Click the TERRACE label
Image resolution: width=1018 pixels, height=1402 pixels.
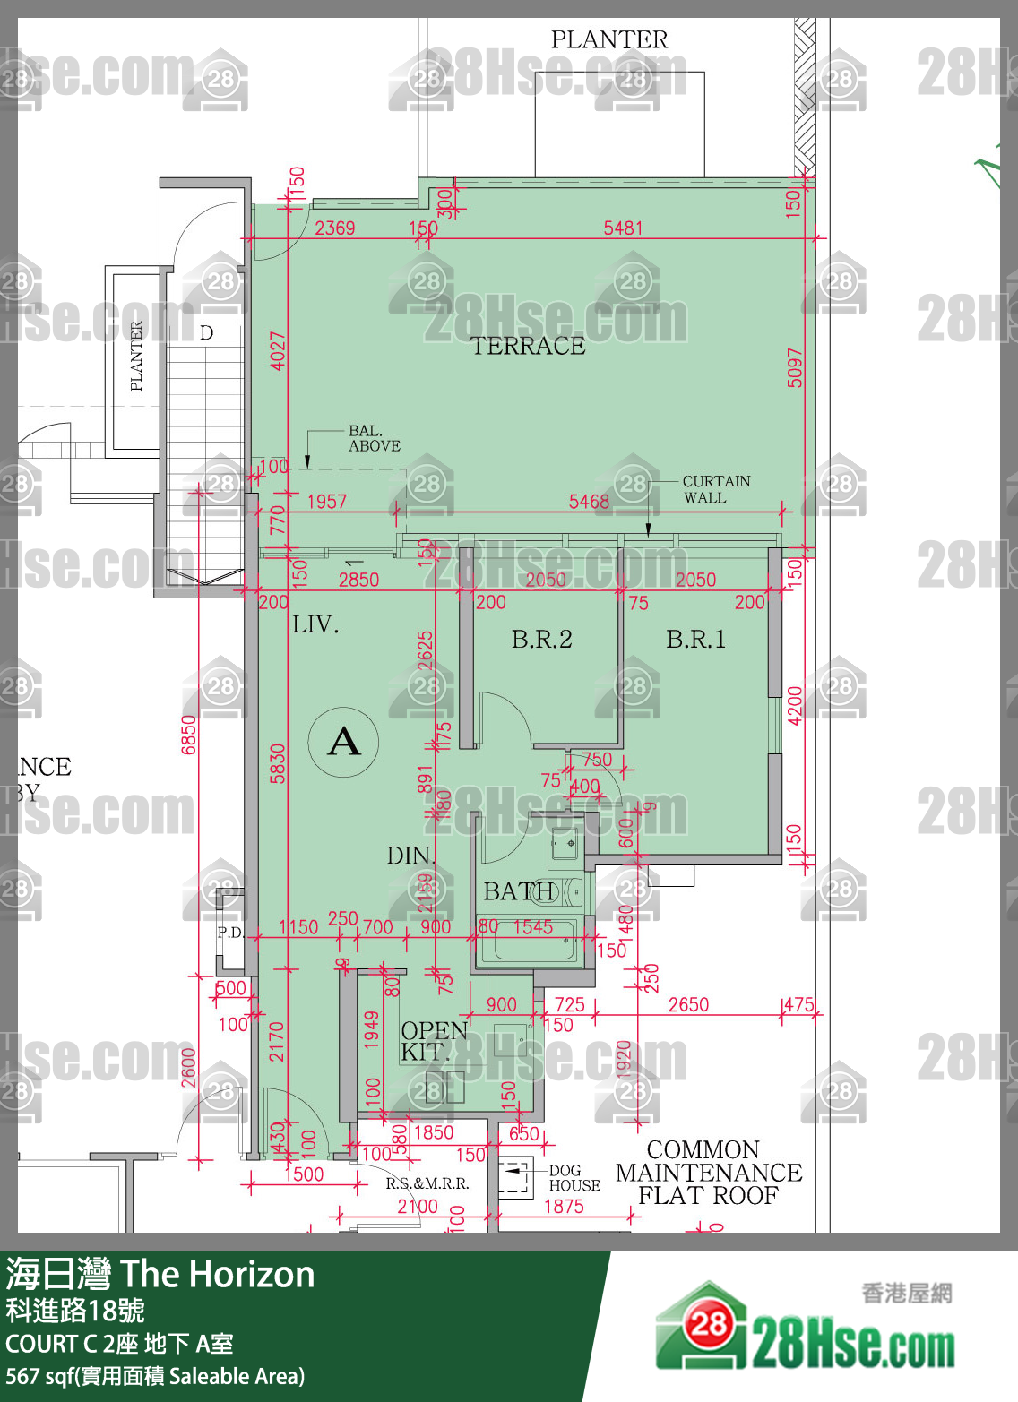tap(527, 346)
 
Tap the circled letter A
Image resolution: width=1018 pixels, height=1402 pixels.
tap(343, 742)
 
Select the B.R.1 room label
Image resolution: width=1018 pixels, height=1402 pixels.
tap(695, 639)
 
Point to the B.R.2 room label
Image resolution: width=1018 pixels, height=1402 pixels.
tap(541, 639)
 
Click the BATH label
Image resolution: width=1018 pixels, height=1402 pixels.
tap(518, 891)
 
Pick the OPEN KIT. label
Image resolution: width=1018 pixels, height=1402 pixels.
tap(433, 1041)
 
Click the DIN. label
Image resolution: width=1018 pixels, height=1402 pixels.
tap(410, 856)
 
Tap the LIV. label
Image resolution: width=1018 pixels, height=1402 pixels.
tap(315, 624)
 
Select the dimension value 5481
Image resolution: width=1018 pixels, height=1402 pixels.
tap(623, 228)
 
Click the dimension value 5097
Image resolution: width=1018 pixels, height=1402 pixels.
tap(795, 367)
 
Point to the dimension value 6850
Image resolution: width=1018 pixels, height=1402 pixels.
tap(188, 735)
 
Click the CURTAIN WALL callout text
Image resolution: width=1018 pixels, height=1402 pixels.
tap(716, 489)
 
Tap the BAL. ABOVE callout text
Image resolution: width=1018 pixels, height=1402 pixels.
tap(374, 438)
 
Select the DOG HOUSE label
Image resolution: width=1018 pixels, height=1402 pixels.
tap(574, 1178)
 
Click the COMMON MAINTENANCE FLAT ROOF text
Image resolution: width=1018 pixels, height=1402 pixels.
tap(708, 1173)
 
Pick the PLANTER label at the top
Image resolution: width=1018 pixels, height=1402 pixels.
tap(608, 39)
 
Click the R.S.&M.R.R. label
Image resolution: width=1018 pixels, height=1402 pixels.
tap(427, 1183)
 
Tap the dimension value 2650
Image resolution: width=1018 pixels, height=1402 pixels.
tap(688, 1004)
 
